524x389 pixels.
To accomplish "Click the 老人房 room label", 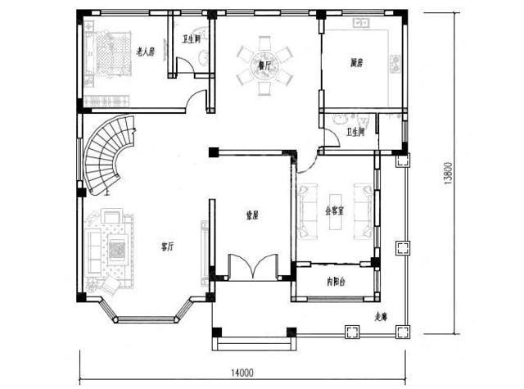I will point(145,52).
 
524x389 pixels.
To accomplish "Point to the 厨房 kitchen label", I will point(356,61).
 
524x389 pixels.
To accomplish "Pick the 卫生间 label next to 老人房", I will point(191,38).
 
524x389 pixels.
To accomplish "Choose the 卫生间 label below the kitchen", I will point(355,131).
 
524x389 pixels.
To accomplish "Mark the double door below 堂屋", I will point(251,269).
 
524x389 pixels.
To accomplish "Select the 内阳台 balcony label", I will point(335,281).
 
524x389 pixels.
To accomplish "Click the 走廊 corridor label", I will point(381,316).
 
